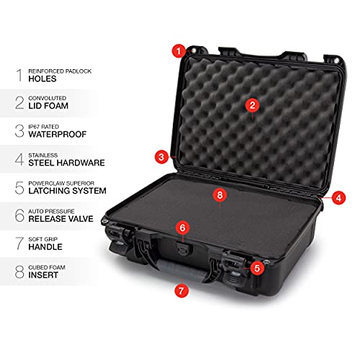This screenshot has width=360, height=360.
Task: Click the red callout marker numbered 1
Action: [x=178, y=50]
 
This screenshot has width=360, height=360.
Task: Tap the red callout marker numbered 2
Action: [x=252, y=105]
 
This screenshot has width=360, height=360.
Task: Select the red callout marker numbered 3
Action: [x=163, y=156]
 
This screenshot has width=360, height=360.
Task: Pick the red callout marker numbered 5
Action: [x=256, y=268]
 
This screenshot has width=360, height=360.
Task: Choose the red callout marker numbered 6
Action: [x=183, y=228]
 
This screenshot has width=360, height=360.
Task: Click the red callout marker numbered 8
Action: [x=220, y=194]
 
